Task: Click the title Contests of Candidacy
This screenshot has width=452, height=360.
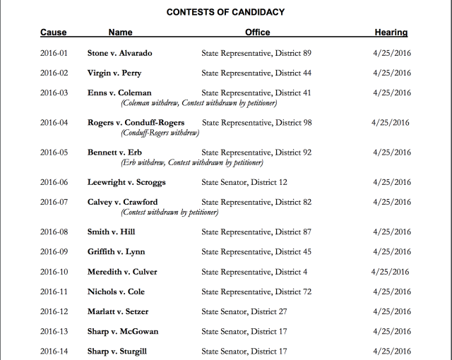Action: (225, 12)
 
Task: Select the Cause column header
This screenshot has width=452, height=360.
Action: (54, 32)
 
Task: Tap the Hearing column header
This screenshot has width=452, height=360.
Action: (391, 32)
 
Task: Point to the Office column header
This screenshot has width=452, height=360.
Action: (258, 32)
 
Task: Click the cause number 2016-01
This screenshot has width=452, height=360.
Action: (54, 53)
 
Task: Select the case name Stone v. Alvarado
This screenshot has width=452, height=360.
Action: (119, 53)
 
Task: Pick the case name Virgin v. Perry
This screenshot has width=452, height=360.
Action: (114, 73)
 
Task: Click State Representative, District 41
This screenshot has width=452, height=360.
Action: (256, 92)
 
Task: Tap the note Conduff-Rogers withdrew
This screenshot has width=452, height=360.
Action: (160, 133)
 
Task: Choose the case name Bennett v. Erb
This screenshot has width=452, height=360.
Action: (114, 152)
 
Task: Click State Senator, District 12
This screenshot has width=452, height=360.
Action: (244, 182)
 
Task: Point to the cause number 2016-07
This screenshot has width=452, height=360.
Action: (54, 202)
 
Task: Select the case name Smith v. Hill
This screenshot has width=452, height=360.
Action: (111, 232)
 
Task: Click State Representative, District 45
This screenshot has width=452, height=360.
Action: (256, 252)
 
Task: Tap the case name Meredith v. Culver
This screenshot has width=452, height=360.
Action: (122, 272)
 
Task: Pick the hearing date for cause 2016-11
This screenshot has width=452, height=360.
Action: (392, 292)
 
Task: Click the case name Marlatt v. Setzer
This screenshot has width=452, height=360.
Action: (118, 311)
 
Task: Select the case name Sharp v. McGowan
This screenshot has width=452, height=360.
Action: (123, 332)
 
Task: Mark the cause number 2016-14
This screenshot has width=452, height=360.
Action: (54, 352)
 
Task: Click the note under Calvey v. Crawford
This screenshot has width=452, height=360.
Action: (170, 212)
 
